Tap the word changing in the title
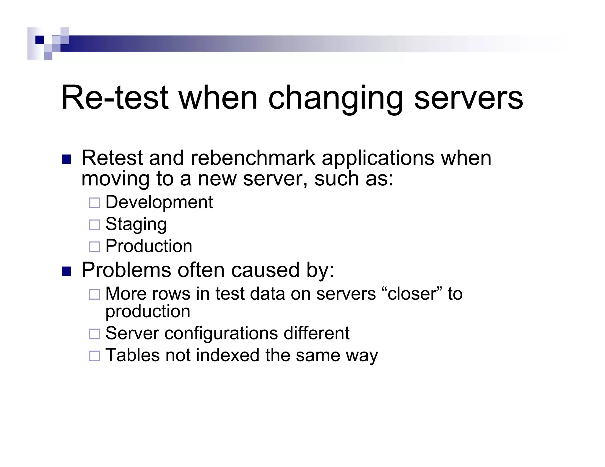pyautogui.click(x=336, y=98)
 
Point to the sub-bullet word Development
pyautogui.click(x=159, y=202)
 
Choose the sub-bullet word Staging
pyautogui.click(x=136, y=224)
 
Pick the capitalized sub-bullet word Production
pyautogui.click(x=149, y=246)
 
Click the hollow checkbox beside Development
pyautogui.click(x=95, y=203)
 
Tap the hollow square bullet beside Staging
pyautogui.click(x=95, y=225)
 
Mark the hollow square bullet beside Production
pyautogui.click(x=95, y=247)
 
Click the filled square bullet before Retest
pyautogui.click(x=66, y=159)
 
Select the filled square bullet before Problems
pyautogui.click(x=66, y=271)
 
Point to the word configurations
pyautogui.click(x=221, y=333)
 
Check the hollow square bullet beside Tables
pyautogui.click(x=95, y=356)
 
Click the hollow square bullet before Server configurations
pyautogui.click(x=95, y=334)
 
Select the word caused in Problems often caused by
pyautogui.click(x=265, y=270)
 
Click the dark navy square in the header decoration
pyautogui.click(x=40, y=40)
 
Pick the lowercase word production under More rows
pyautogui.click(x=148, y=312)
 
